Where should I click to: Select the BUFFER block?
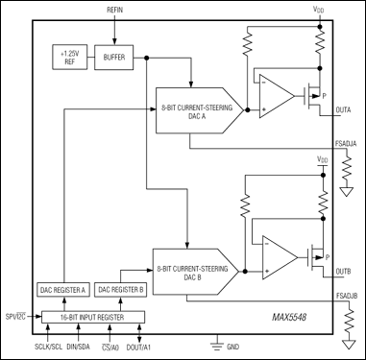tap(116, 56)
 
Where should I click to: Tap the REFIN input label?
tap(117, 9)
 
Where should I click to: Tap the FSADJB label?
tap(346, 296)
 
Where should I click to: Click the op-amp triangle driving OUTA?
tap(279, 99)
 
